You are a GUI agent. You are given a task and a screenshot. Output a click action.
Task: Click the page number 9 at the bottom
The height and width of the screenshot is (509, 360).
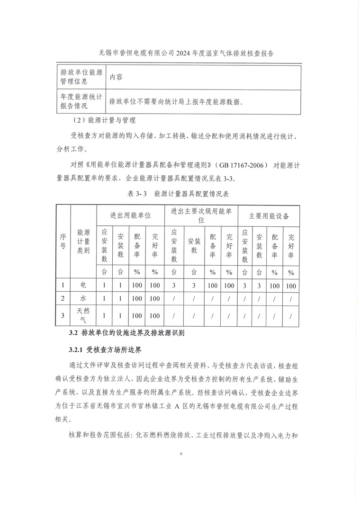point(180,455)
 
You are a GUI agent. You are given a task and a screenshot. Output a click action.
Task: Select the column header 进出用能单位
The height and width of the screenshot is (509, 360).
point(130,215)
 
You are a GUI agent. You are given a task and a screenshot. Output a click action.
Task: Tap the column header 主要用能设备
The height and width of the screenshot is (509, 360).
point(269,215)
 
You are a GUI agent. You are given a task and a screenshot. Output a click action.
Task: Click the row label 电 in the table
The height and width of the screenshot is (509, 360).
point(83,286)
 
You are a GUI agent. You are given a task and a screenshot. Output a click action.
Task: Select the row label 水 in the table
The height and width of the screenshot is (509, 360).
point(83,299)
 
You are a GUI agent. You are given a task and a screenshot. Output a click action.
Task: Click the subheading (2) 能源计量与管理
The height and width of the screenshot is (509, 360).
point(101,120)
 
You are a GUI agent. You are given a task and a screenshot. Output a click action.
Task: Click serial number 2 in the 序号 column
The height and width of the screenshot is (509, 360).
point(63,299)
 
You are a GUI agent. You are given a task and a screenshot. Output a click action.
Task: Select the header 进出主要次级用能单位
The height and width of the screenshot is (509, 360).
point(201,215)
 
